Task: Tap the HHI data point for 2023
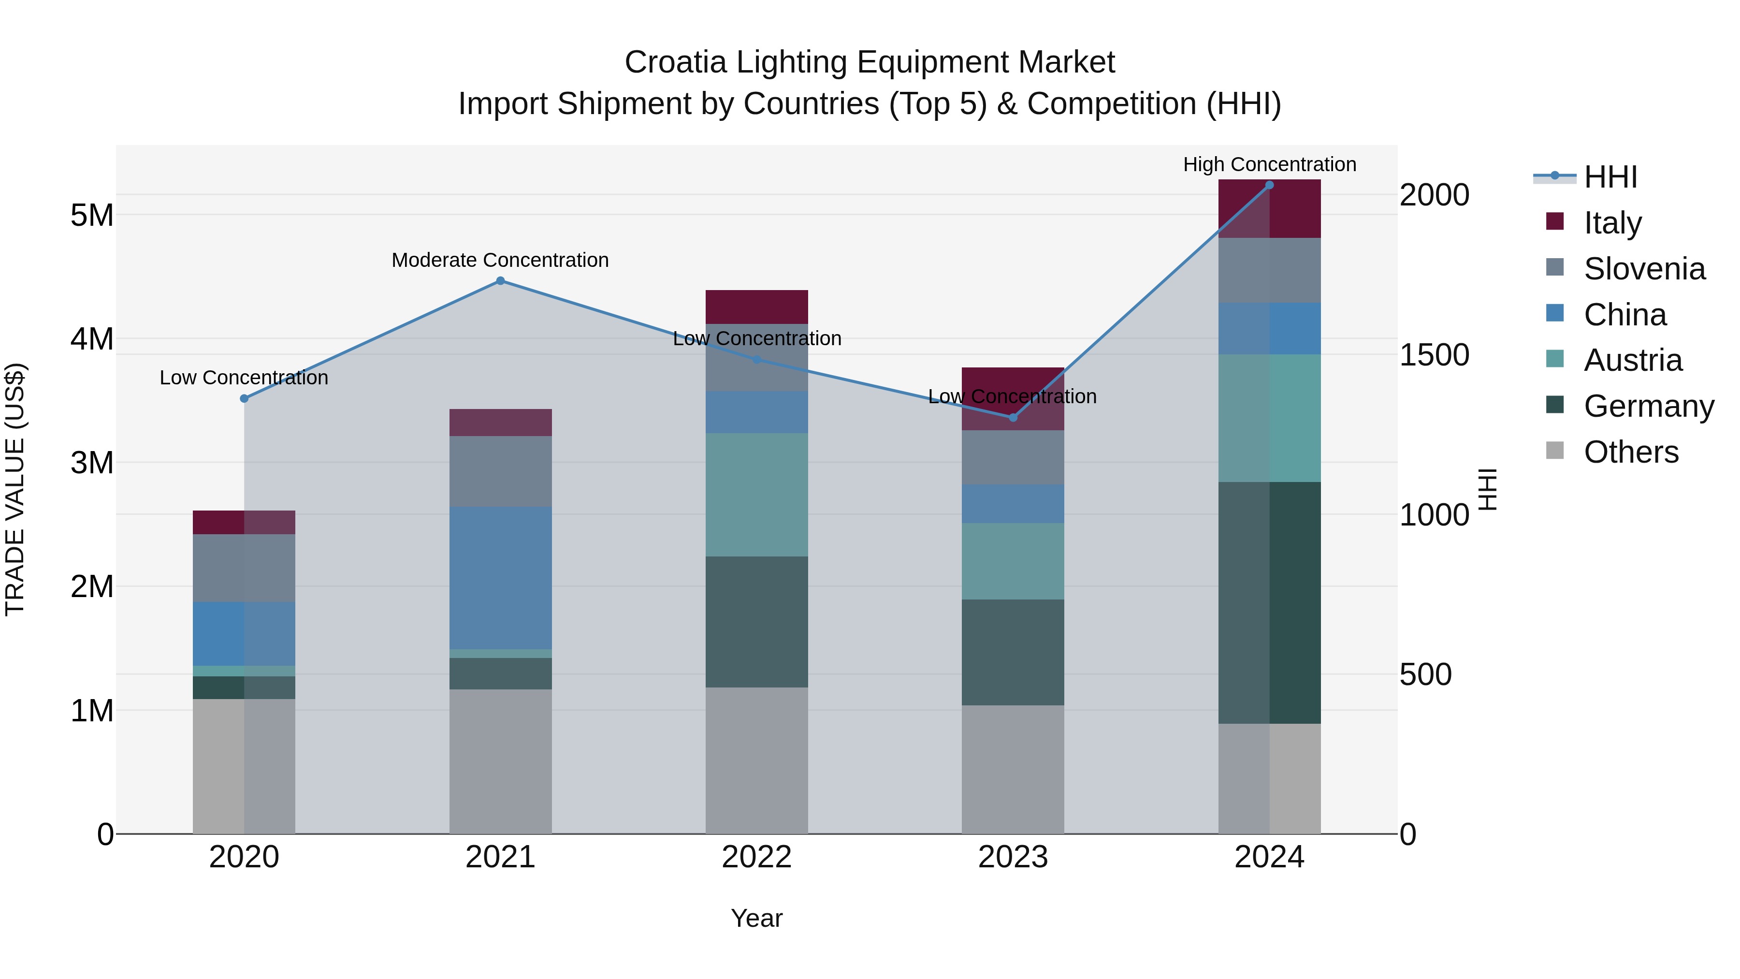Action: [1013, 418]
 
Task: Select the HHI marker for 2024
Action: [1269, 185]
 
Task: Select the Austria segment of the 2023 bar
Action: [1013, 561]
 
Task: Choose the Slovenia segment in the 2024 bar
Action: [1269, 270]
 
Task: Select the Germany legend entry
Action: [1648, 406]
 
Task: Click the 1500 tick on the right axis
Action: [1434, 355]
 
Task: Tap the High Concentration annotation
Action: [1269, 164]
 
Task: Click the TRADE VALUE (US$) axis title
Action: [15, 489]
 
